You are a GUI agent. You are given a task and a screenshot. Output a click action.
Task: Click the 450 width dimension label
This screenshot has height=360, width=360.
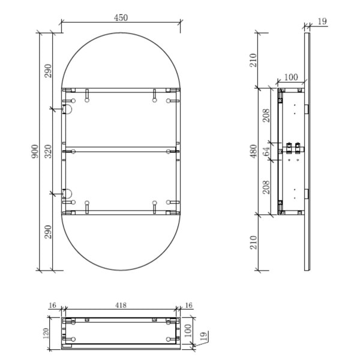click(121, 17)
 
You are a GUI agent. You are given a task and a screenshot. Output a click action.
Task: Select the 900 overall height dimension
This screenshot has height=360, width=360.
click(35, 151)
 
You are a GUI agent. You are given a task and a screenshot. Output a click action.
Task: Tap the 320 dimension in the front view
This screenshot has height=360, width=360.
click(48, 151)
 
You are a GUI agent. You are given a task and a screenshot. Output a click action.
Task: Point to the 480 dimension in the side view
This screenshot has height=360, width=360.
click(253, 151)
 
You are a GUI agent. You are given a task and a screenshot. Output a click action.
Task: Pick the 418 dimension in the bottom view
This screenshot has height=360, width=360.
click(121, 305)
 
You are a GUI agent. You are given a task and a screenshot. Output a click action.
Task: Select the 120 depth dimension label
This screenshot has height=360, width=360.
click(46, 334)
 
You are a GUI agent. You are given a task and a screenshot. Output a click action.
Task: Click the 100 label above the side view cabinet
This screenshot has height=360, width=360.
click(291, 77)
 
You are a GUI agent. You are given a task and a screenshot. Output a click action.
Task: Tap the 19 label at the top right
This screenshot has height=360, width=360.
click(322, 22)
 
